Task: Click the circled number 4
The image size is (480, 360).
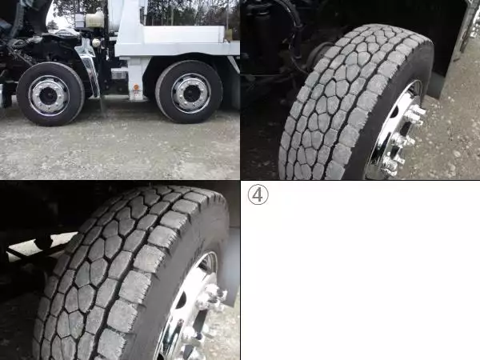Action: pyautogui.click(x=258, y=194)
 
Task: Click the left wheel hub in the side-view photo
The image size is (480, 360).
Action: pyautogui.click(x=49, y=94)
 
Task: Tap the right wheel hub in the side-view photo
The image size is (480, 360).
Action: pyautogui.click(x=190, y=92)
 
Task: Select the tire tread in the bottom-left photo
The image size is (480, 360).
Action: pyautogui.click(x=112, y=264)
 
